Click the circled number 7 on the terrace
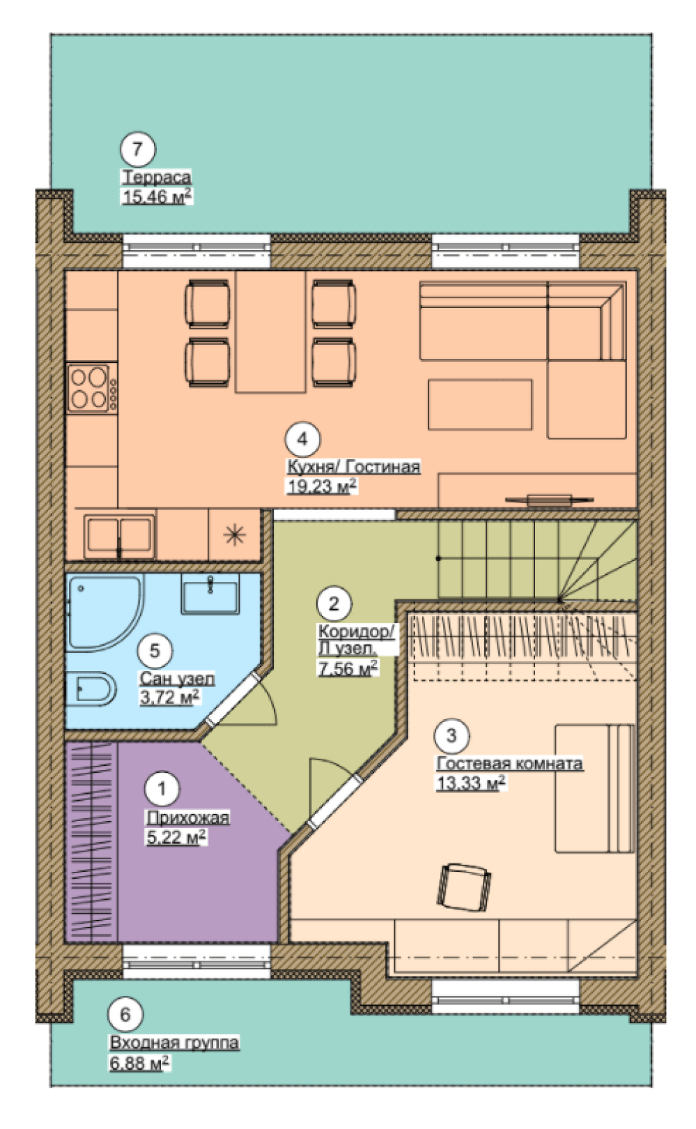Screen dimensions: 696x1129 [x=137, y=148]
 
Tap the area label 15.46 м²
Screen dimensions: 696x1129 [x=157, y=196]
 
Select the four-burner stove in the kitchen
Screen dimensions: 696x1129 [x=92, y=387]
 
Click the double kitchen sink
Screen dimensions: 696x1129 [x=119, y=535]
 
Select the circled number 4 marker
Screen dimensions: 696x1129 [x=302, y=439]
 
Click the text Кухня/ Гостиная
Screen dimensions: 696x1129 [x=354, y=467]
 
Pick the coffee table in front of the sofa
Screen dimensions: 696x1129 [x=480, y=405]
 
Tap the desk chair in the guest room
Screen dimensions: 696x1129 [x=464, y=886]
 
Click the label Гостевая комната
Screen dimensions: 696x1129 [x=509, y=763]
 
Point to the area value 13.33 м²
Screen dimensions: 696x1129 [x=471, y=783]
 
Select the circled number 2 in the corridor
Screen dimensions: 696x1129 [x=334, y=604]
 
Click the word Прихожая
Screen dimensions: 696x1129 [x=187, y=817]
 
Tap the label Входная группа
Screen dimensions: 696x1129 [x=174, y=1042]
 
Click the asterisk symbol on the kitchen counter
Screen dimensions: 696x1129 [x=235, y=535]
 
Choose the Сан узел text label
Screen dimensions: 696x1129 [x=177, y=678]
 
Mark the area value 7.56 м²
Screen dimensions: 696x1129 [x=348, y=668]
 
